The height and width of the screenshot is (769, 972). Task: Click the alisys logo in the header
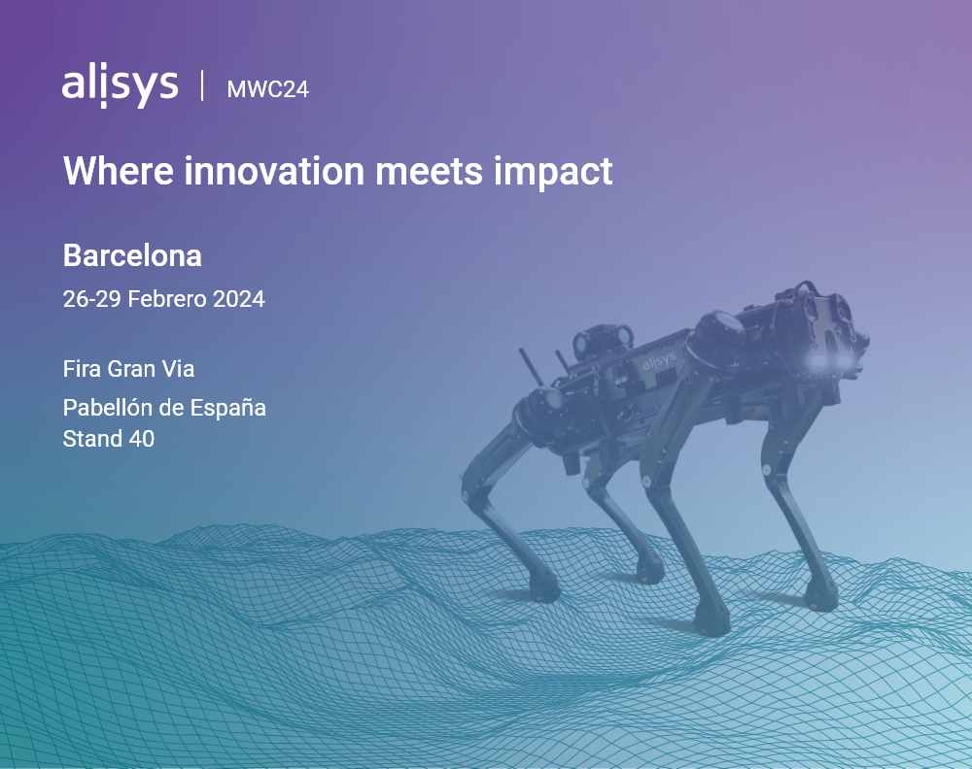[120, 86]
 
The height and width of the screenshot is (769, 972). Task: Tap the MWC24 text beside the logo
[267, 89]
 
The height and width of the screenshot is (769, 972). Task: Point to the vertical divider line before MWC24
[202, 86]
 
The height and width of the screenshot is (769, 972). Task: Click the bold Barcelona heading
[132, 255]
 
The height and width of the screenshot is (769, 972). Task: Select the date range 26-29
[92, 299]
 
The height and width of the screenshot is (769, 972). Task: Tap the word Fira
[82, 369]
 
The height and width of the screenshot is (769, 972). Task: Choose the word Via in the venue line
[178, 369]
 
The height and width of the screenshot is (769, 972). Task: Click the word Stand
[92, 439]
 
